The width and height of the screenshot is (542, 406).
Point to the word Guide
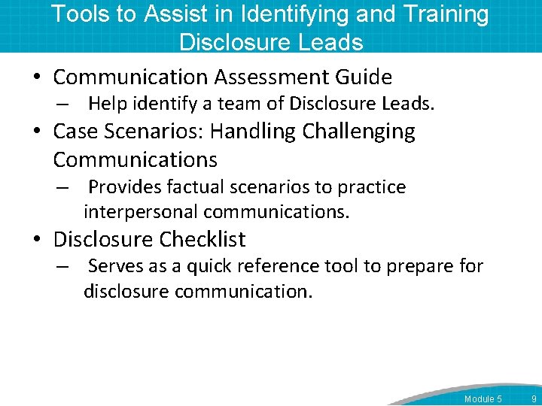(x=364, y=77)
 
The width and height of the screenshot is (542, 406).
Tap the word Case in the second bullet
(x=76, y=132)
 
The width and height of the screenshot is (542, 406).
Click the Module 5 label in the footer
(x=483, y=398)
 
